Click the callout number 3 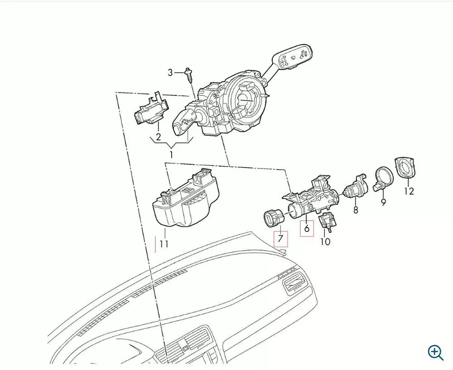point(170,72)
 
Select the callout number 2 point(158,137)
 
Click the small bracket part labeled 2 point(151,109)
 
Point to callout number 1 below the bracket point(171,155)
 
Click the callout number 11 point(164,244)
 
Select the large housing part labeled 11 point(185,197)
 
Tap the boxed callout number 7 point(281,238)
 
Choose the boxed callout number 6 point(307,228)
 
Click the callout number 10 point(325,242)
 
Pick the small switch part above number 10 point(328,221)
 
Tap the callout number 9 point(383,202)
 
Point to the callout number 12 point(409,191)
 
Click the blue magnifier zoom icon point(435,352)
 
